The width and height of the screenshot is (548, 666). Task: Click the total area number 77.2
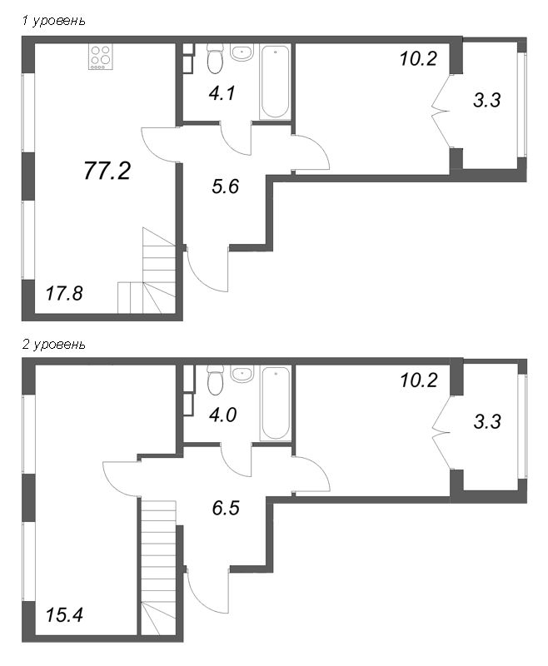108,171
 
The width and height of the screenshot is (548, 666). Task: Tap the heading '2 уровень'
52,344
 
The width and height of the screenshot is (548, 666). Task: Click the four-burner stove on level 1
102,57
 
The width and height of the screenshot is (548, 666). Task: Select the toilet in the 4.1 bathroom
214,59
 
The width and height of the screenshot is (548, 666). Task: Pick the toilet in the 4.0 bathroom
214,381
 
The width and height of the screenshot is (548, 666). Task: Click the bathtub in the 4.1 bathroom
275,82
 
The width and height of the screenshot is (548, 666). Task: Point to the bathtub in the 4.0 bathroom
275,405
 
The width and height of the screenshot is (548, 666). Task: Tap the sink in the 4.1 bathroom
242,53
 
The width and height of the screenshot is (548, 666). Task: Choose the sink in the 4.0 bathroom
242,375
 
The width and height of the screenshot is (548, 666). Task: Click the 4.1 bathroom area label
222,93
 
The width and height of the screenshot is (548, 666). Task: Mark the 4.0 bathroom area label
222,415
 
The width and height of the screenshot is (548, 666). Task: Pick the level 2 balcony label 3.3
487,421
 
